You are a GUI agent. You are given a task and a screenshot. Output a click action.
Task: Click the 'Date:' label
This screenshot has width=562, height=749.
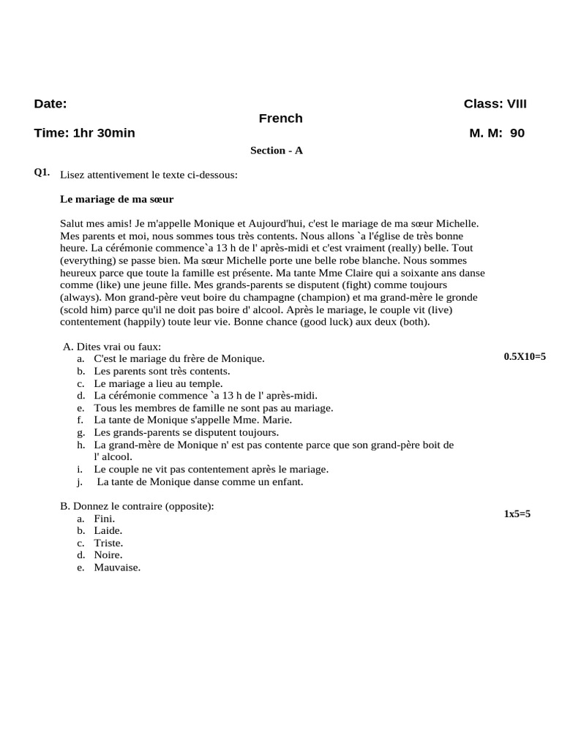pos(50,104)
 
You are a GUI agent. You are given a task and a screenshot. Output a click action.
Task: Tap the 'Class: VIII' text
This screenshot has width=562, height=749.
pos(495,104)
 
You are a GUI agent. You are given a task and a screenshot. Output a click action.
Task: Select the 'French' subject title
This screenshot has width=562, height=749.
pos(280,118)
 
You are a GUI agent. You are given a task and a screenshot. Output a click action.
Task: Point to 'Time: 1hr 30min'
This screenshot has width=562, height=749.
pos(84,133)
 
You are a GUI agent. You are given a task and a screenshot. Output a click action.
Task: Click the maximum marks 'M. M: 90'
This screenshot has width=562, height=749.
pos(497,133)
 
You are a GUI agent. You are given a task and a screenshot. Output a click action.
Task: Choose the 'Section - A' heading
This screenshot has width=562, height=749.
pos(276,151)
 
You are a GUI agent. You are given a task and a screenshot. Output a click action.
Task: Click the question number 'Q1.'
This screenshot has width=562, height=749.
pos(42,173)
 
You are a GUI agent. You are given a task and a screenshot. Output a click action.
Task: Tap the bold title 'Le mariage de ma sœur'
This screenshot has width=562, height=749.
pos(116,199)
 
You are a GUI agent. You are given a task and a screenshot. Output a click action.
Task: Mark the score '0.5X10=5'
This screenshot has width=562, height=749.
pos(525,356)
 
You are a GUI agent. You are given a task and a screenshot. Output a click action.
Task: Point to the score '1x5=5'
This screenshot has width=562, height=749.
pos(517,514)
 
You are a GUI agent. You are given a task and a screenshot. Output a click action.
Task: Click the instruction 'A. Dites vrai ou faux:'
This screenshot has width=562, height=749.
pos(112,347)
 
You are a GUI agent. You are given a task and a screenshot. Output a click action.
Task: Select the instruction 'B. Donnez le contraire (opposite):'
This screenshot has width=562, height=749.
pos(137,506)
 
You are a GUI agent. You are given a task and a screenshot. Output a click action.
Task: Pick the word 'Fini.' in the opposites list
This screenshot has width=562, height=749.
pos(105,519)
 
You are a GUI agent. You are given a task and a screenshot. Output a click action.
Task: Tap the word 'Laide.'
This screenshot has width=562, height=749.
pos(108,530)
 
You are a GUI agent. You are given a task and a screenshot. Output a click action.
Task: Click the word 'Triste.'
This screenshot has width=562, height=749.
pos(108,543)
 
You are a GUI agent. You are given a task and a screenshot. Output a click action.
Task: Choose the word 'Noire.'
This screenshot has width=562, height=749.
pos(108,555)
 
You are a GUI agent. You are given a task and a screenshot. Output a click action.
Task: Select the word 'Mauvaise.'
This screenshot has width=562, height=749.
pos(117,567)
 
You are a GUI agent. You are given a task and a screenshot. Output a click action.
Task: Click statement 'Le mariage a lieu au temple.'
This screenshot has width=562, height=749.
pos(158,383)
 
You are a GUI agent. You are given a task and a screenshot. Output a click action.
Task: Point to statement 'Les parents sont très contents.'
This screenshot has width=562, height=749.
pos(162,371)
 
